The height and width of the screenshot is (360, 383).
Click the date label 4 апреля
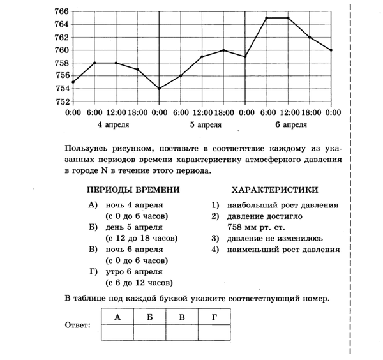click(x=115, y=124)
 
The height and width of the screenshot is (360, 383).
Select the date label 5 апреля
click(x=202, y=124)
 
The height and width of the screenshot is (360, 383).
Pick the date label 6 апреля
click(x=289, y=124)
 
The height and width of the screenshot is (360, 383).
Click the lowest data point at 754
click(x=160, y=88)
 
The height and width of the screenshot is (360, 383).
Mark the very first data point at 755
click(x=73, y=82)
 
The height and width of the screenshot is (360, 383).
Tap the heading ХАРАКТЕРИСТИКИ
click(x=275, y=190)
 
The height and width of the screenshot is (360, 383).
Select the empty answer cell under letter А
click(x=117, y=332)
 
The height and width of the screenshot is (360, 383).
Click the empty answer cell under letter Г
click(x=213, y=332)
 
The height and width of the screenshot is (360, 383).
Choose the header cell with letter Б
click(x=149, y=316)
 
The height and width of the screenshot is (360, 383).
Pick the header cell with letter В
click(x=181, y=316)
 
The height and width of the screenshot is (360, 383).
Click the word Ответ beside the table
click(x=79, y=324)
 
